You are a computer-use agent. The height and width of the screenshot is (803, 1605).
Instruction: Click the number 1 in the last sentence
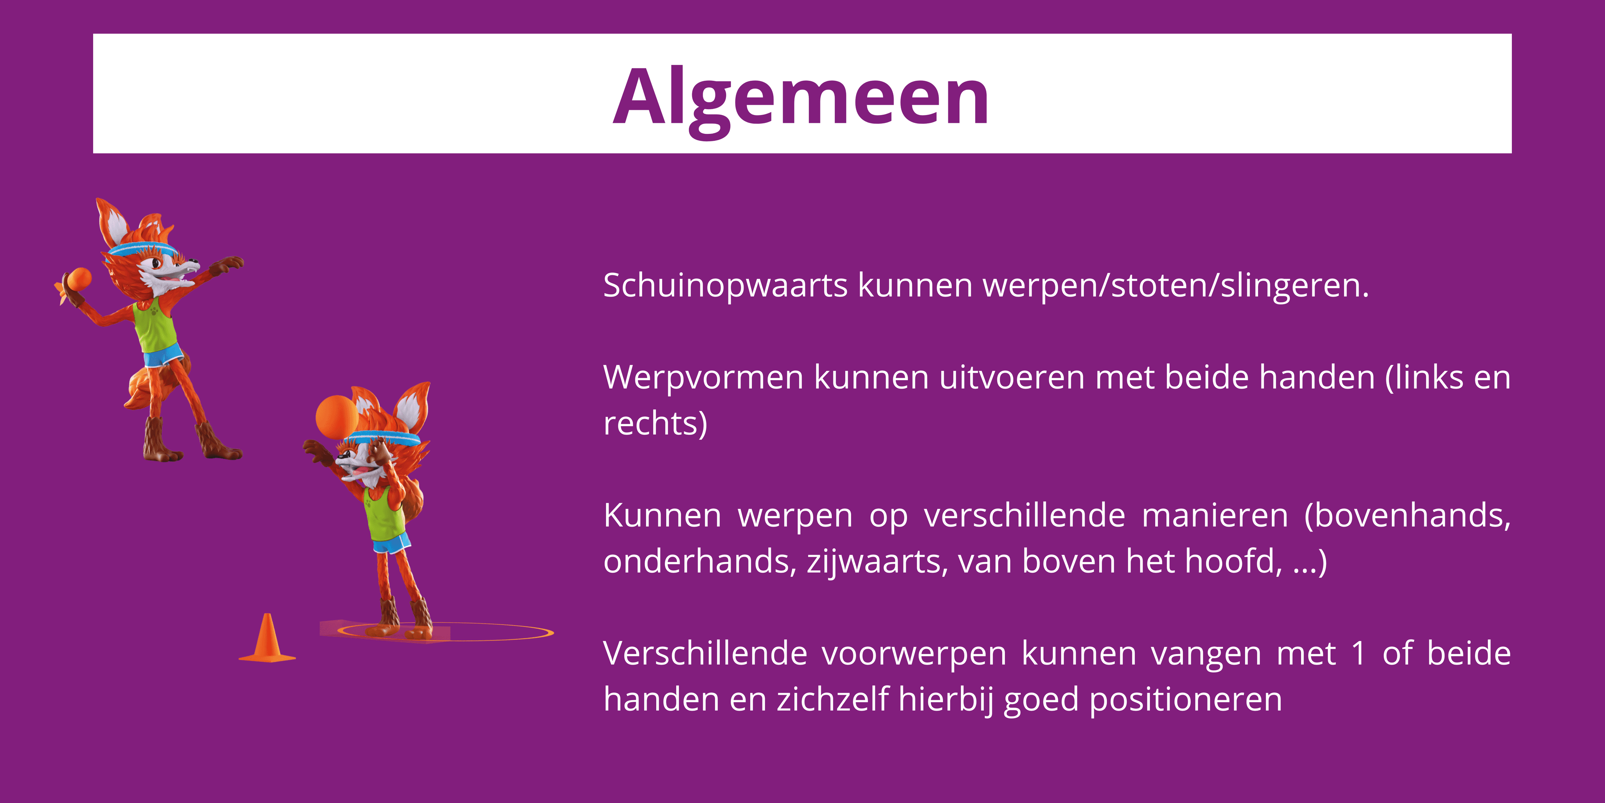pyautogui.click(x=1359, y=654)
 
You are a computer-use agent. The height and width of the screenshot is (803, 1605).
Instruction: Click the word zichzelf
pyautogui.click(x=832, y=700)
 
